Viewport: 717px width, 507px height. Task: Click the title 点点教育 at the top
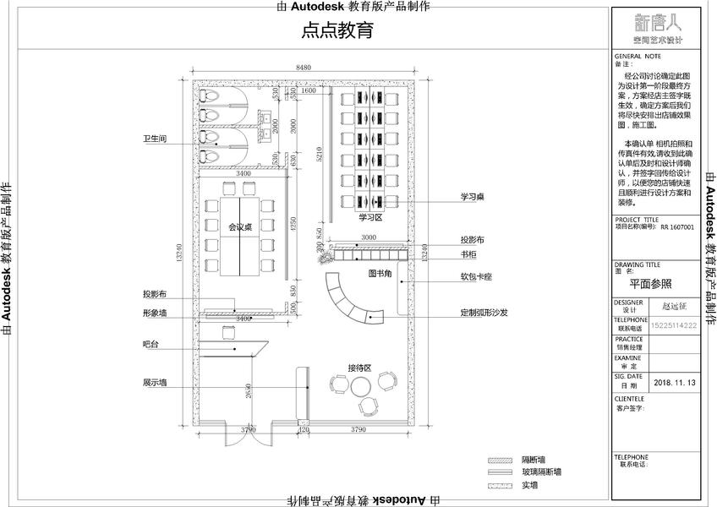[337, 32]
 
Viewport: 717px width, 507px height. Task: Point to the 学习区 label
[370, 217]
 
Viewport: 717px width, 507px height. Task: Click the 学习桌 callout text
[472, 197]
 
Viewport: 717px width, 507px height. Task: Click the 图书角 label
[380, 274]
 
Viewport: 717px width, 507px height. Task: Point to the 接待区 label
[360, 368]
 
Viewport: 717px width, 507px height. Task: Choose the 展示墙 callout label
[155, 383]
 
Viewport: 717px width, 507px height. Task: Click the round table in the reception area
[362, 387]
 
